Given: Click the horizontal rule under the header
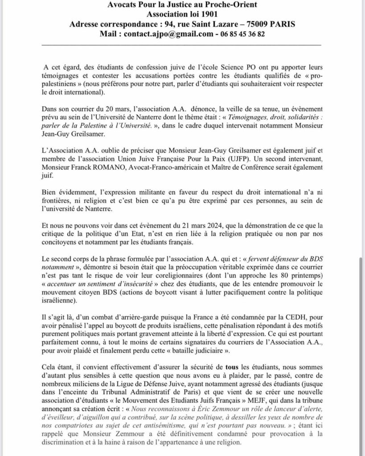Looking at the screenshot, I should (181, 45).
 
